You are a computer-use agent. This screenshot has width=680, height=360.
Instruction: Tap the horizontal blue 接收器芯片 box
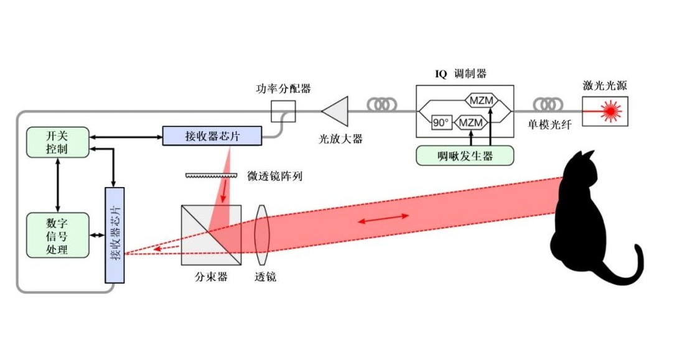point(212,136)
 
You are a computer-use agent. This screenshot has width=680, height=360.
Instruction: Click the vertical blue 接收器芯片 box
point(115,235)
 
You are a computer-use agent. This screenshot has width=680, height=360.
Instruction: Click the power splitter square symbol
point(283,112)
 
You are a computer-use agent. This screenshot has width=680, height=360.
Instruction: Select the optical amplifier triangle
point(336,112)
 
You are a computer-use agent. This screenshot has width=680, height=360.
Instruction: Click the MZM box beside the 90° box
point(471,122)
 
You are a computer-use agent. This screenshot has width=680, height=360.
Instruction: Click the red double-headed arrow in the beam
point(383,219)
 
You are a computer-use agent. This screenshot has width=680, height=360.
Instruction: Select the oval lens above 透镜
point(263,234)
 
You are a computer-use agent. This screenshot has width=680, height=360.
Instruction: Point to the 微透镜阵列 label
point(274,177)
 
